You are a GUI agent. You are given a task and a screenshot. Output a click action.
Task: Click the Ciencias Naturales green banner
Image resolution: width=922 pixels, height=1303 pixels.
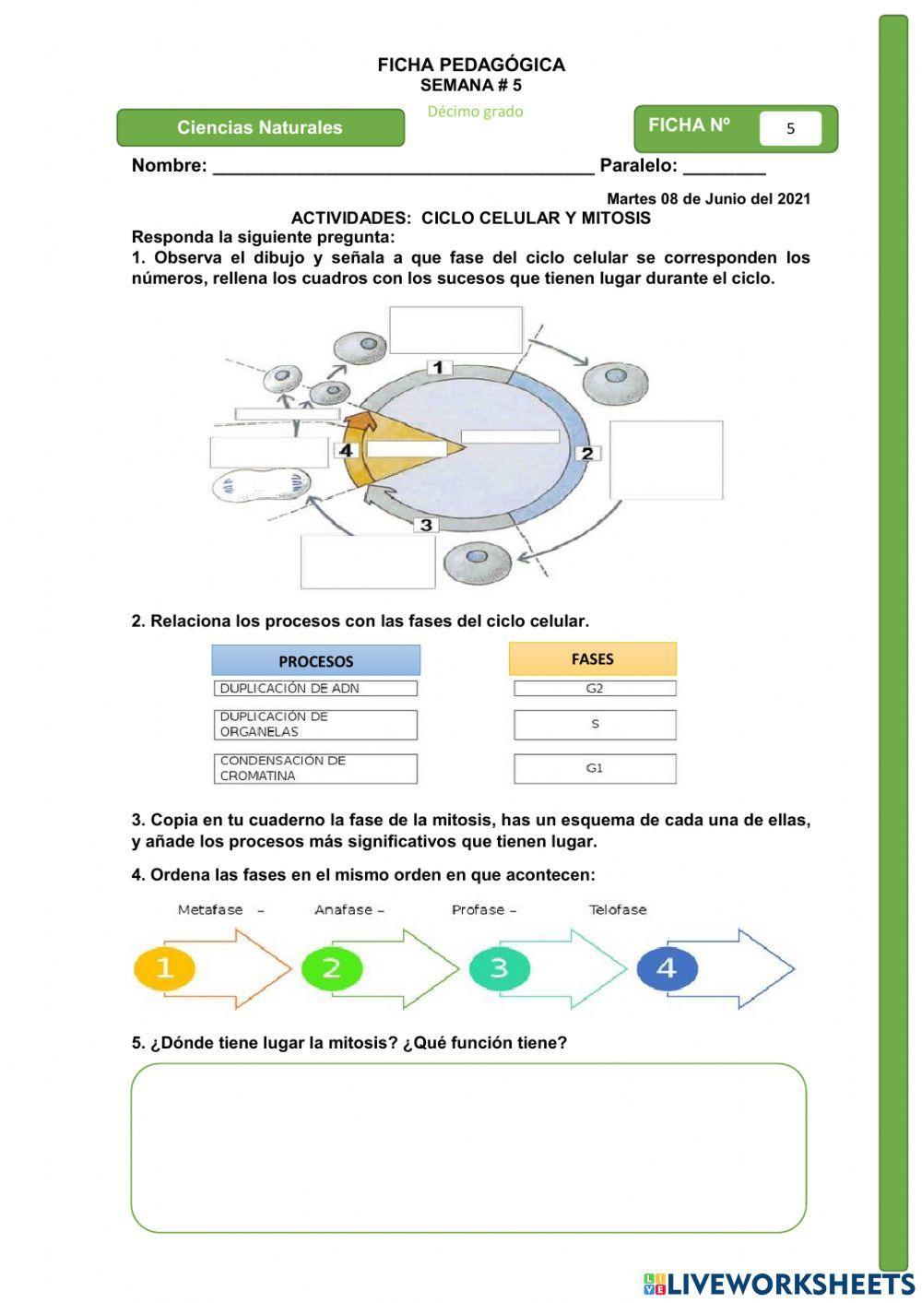260,128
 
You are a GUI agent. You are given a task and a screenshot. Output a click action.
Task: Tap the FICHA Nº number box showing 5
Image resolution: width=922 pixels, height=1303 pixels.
790,129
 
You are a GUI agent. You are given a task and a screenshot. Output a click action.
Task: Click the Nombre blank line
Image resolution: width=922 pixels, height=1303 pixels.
403,167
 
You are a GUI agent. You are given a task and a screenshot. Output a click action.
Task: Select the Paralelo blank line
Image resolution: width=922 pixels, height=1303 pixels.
724,167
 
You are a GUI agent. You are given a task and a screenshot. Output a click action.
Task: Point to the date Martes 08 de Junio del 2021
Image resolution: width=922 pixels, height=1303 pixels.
708,198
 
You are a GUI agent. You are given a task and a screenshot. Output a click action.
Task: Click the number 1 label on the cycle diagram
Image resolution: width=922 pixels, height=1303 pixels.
439,367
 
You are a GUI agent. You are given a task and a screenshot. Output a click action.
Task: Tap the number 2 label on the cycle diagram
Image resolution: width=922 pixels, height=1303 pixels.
587,453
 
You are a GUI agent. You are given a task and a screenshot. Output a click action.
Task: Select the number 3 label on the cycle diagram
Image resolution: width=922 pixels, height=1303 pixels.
426,525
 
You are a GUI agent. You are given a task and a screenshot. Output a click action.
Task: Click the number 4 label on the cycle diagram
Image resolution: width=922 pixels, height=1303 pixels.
346,450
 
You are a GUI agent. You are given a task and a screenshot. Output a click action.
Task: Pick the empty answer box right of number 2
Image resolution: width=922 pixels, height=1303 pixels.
666,460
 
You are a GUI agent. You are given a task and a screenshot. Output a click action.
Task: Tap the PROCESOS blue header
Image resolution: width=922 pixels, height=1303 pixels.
315,661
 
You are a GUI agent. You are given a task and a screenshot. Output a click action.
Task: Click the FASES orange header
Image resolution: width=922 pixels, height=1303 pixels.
592,659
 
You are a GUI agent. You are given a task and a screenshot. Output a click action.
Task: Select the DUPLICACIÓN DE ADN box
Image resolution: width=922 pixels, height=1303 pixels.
315,689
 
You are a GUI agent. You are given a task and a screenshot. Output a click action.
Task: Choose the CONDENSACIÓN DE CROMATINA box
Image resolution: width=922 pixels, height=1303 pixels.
315,768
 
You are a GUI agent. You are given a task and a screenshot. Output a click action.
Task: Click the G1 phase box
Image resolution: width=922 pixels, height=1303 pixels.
595,768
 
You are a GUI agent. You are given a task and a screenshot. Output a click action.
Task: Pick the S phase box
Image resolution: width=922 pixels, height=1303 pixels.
595,725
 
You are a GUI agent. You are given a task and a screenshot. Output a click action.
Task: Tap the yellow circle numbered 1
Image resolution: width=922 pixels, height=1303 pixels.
165,968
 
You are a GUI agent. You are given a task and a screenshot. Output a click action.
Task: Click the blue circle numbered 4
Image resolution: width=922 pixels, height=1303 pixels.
666,968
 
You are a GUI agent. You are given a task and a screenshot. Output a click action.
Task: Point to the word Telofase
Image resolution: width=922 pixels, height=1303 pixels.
618,910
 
